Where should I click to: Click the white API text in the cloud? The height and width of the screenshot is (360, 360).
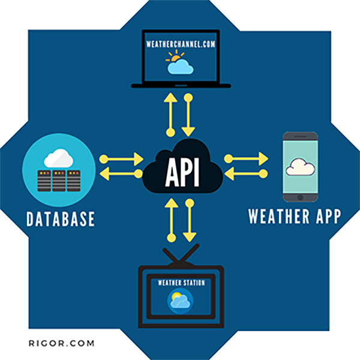pyautogui.click(x=182, y=172)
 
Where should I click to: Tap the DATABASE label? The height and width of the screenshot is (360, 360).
pyautogui.click(x=61, y=219)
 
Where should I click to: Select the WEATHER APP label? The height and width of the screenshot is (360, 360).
pyautogui.click(x=295, y=216)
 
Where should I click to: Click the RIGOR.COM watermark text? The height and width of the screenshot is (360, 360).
pyautogui.click(x=61, y=343)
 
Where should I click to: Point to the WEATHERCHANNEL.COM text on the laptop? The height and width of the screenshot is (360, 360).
pyautogui.click(x=181, y=44)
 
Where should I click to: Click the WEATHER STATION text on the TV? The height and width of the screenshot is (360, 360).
pyautogui.click(x=181, y=283)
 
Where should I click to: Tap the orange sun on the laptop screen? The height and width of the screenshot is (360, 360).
pyautogui.click(x=175, y=57)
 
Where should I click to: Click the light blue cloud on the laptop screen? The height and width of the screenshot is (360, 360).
pyautogui.click(x=181, y=67)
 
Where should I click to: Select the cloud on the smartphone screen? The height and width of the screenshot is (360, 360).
pyautogui.click(x=300, y=167)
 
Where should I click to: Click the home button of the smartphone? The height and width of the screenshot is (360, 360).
pyautogui.click(x=300, y=197)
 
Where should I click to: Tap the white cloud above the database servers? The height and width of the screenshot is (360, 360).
pyautogui.click(x=59, y=158)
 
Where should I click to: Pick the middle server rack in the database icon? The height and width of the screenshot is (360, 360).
pyautogui.click(x=59, y=181)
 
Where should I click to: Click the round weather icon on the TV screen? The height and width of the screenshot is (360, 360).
pyautogui.click(x=180, y=301)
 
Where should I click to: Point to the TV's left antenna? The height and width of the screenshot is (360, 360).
pyautogui.click(x=170, y=255)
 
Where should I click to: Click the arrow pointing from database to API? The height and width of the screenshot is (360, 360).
pyautogui.click(x=121, y=159)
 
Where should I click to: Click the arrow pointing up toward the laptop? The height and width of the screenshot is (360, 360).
pyautogui.click(x=170, y=115)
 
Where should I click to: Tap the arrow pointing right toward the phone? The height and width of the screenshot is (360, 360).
pyautogui.click(x=246, y=158)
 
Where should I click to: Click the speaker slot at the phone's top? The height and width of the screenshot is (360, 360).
pyautogui.click(x=301, y=136)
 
